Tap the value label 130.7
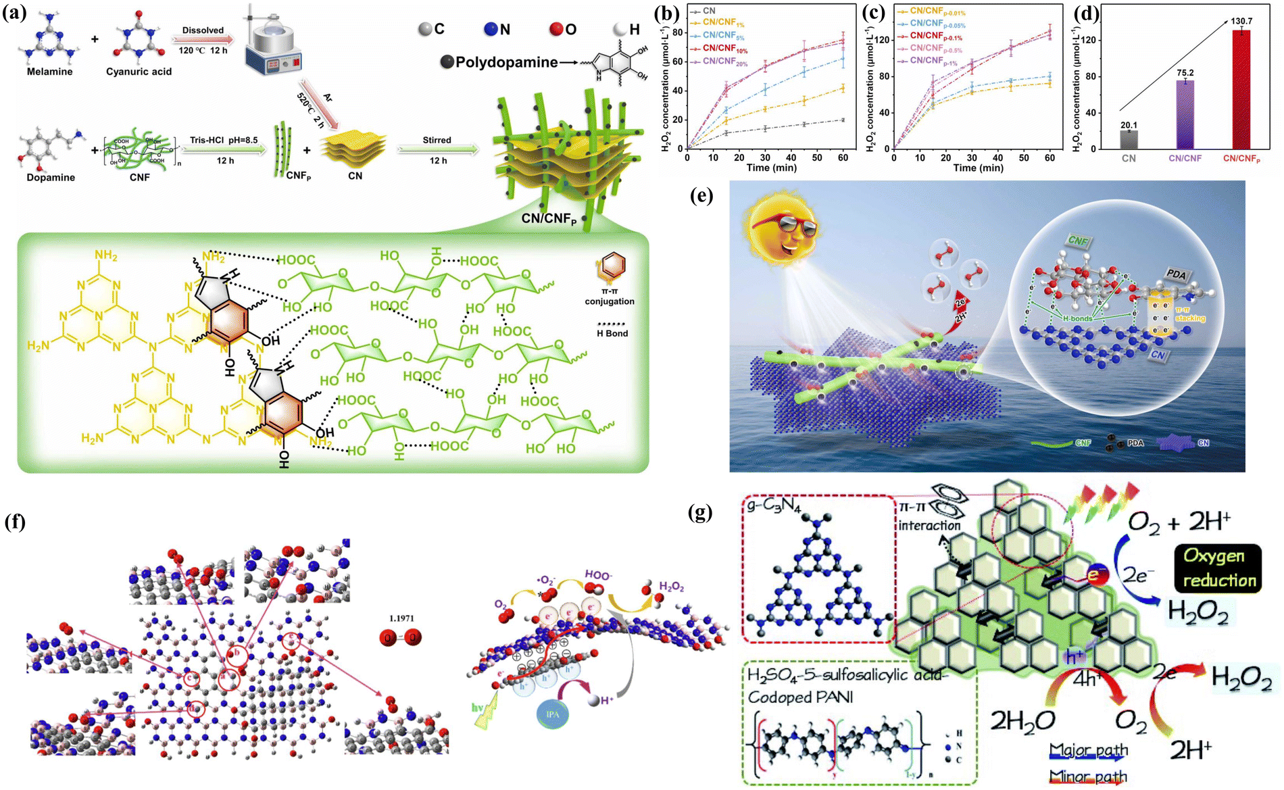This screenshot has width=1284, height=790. (1241, 21)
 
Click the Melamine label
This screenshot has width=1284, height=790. (49, 72)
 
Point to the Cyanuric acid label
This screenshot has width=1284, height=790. (139, 72)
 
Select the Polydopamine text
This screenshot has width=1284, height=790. (506, 62)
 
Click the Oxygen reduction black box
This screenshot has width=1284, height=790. (1218, 568)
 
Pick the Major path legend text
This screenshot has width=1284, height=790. (1089, 750)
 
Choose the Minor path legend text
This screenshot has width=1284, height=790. (1089, 776)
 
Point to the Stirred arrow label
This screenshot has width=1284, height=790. (437, 140)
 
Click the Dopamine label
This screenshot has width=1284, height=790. (51, 177)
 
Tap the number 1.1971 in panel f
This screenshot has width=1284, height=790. (401, 618)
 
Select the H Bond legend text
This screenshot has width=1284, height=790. (612, 333)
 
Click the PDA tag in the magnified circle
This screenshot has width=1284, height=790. (1176, 274)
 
